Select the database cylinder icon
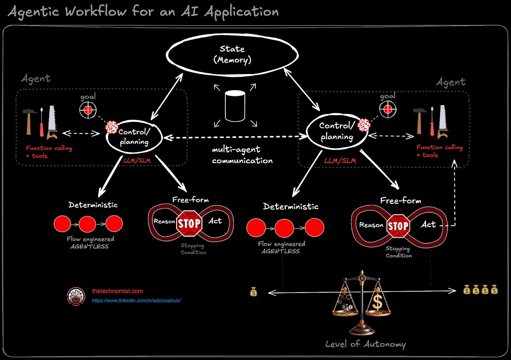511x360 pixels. [235, 106]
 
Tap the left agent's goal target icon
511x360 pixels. [88, 110]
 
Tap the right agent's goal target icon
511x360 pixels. [388, 109]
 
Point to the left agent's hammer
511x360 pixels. [29, 122]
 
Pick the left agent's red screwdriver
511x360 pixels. [41, 122]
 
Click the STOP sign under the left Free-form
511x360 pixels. [189, 224]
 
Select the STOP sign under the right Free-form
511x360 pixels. [398, 226]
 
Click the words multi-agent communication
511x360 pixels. [242, 155]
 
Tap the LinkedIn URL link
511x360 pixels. [137, 300]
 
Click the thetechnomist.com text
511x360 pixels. [118, 291]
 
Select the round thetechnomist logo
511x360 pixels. [76, 296]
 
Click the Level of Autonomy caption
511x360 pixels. [365, 344]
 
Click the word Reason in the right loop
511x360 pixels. [371, 225]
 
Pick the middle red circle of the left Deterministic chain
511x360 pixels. [87, 224]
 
